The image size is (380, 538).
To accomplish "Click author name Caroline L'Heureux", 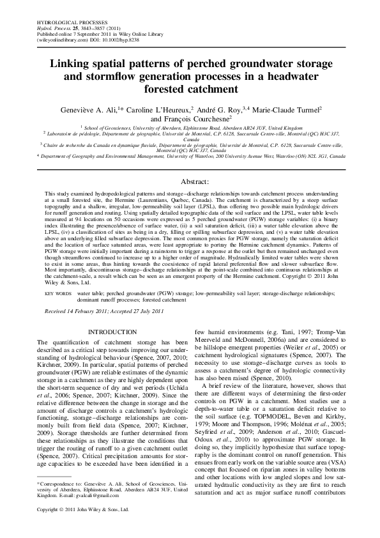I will (x=159, y=109).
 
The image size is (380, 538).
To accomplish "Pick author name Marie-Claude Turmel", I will (x=285, y=109).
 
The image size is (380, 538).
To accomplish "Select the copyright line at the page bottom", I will (x=83, y=528).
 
